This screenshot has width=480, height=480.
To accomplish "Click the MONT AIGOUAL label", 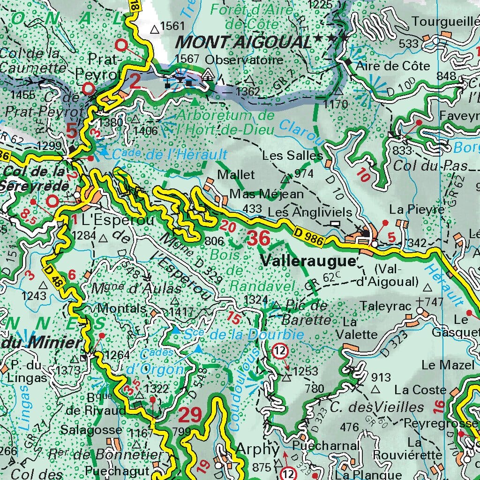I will coord(243,43).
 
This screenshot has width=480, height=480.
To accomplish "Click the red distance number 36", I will coord(259,239).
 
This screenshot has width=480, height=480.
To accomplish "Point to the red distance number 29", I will coord(190,415).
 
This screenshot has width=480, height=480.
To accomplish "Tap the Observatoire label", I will coord(244,60).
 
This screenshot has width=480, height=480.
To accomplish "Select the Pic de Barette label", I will coord(305,313).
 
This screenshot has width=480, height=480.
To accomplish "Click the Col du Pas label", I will coord(431,165).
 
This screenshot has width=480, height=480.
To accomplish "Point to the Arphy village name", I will coord(257,449).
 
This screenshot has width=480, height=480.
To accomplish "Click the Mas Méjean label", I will coord(266,194).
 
